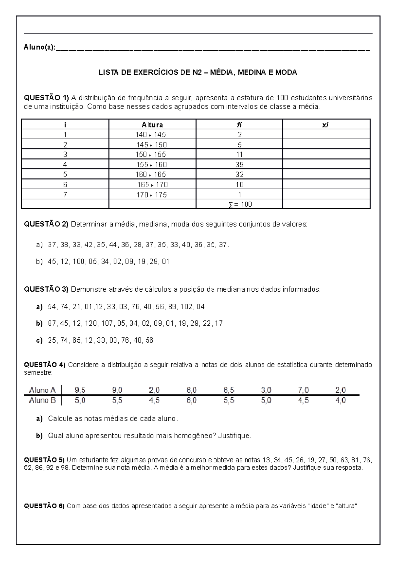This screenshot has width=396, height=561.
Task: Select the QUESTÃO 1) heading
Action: pos(47,98)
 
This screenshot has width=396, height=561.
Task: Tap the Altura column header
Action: pos(152,125)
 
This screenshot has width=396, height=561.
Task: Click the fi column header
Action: pos(239,125)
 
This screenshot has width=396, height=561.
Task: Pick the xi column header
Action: pos(326,125)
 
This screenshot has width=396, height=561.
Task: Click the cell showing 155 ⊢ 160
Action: pos(151,165)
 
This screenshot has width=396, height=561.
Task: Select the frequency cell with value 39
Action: pos(239,165)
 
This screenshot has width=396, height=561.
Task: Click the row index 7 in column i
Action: pos(65,195)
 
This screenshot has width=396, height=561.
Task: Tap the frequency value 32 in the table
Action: pos(239,174)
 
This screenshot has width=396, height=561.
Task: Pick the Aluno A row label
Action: pos(42,390)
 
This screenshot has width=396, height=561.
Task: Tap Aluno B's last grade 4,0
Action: pos(341,401)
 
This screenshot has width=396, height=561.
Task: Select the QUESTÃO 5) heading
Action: pos(45,460)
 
